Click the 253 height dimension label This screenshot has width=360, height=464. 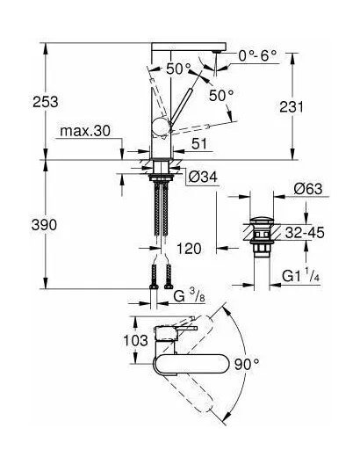click(x=46, y=102)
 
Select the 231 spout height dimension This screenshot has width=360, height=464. click(x=292, y=107)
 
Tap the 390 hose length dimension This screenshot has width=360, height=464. click(x=44, y=225)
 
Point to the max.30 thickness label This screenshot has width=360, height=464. click(x=85, y=131)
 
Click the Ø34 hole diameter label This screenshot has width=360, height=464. click(x=203, y=178)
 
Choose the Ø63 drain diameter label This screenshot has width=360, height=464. click(x=308, y=189)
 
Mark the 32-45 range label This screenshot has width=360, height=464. click(x=305, y=233)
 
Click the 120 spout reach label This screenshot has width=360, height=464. click(x=189, y=249)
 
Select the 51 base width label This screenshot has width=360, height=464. click(x=200, y=144)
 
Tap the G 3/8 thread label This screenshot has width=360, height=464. click(x=189, y=295)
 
